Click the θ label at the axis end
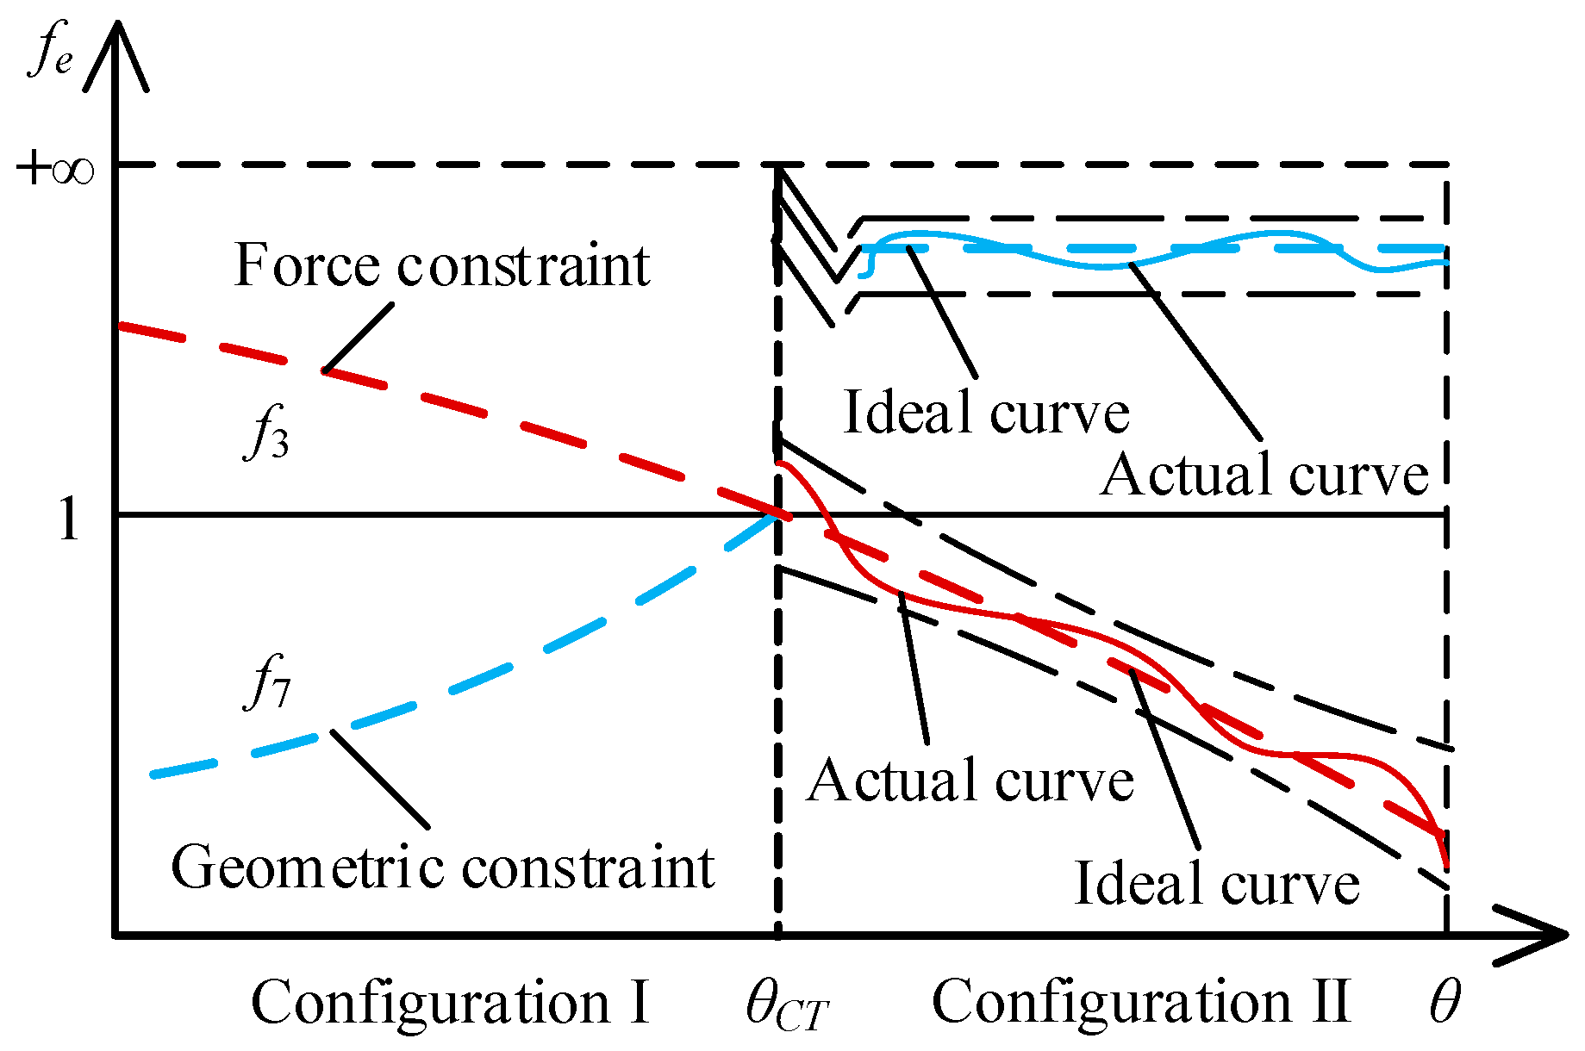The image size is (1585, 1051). [x=1445, y=1003]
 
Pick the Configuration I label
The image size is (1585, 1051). [x=450, y=1003]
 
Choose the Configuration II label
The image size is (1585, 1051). [x=1141, y=1003]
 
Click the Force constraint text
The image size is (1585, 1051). [x=442, y=265]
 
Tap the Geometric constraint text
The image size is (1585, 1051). [x=442, y=867]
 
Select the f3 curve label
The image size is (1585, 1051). [x=266, y=433]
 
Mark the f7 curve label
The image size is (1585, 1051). [x=268, y=682]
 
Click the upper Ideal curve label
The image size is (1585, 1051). [x=986, y=413]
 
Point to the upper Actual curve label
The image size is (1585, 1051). [x=1264, y=475]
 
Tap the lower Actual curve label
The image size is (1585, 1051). [x=970, y=781]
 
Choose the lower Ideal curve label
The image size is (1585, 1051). [x=1216, y=884]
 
